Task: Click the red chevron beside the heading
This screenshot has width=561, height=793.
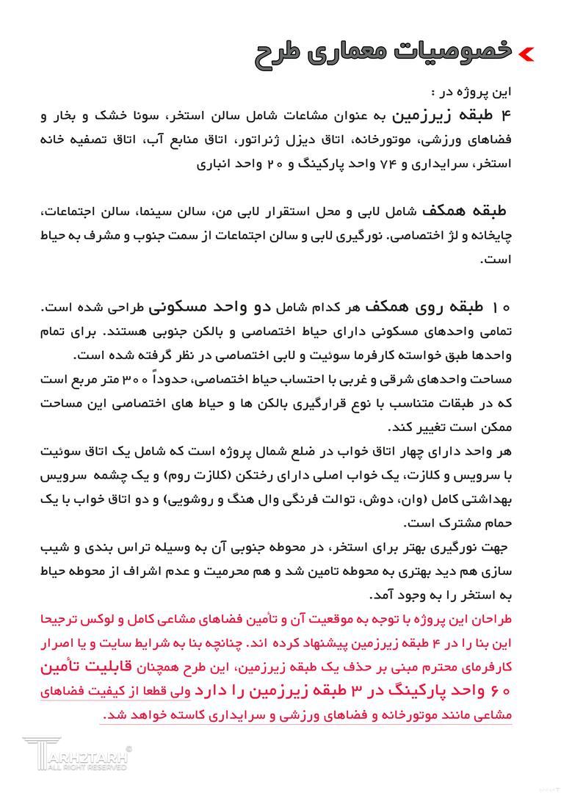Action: (x=526, y=53)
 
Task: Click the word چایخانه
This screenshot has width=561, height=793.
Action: (x=491, y=235)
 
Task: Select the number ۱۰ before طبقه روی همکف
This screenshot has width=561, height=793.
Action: (x=502, y=307)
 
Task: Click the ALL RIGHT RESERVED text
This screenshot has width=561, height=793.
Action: (x=85, y=767)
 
